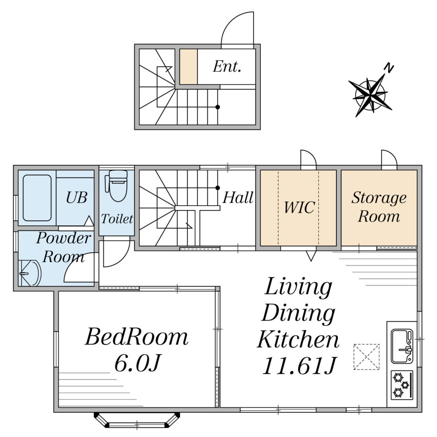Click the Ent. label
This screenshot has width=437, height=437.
[x=227, y=67]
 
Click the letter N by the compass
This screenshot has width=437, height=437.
[x=388, y=68]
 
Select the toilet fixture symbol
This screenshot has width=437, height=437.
[x=117, y=186]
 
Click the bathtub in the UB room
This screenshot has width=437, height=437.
[x=37, y=198]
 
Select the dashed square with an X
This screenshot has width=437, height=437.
[x=367, y=357]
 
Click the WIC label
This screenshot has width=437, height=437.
[x=299, y=207]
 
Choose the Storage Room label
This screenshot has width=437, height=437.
[x=379, y=207]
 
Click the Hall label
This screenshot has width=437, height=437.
[x=238, y=198]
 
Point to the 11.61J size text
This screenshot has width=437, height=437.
[x=299, y=365]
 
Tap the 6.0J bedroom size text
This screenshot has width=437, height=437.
[x=138, y=363]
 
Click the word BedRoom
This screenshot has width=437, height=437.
[x=137, y=337]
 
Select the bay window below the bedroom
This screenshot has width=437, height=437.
[x=137, y=420]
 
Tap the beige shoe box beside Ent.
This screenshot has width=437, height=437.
[x=188, y=67]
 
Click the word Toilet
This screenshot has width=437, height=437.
[x=117, y=219]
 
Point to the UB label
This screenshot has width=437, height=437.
[x=77, y=198]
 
